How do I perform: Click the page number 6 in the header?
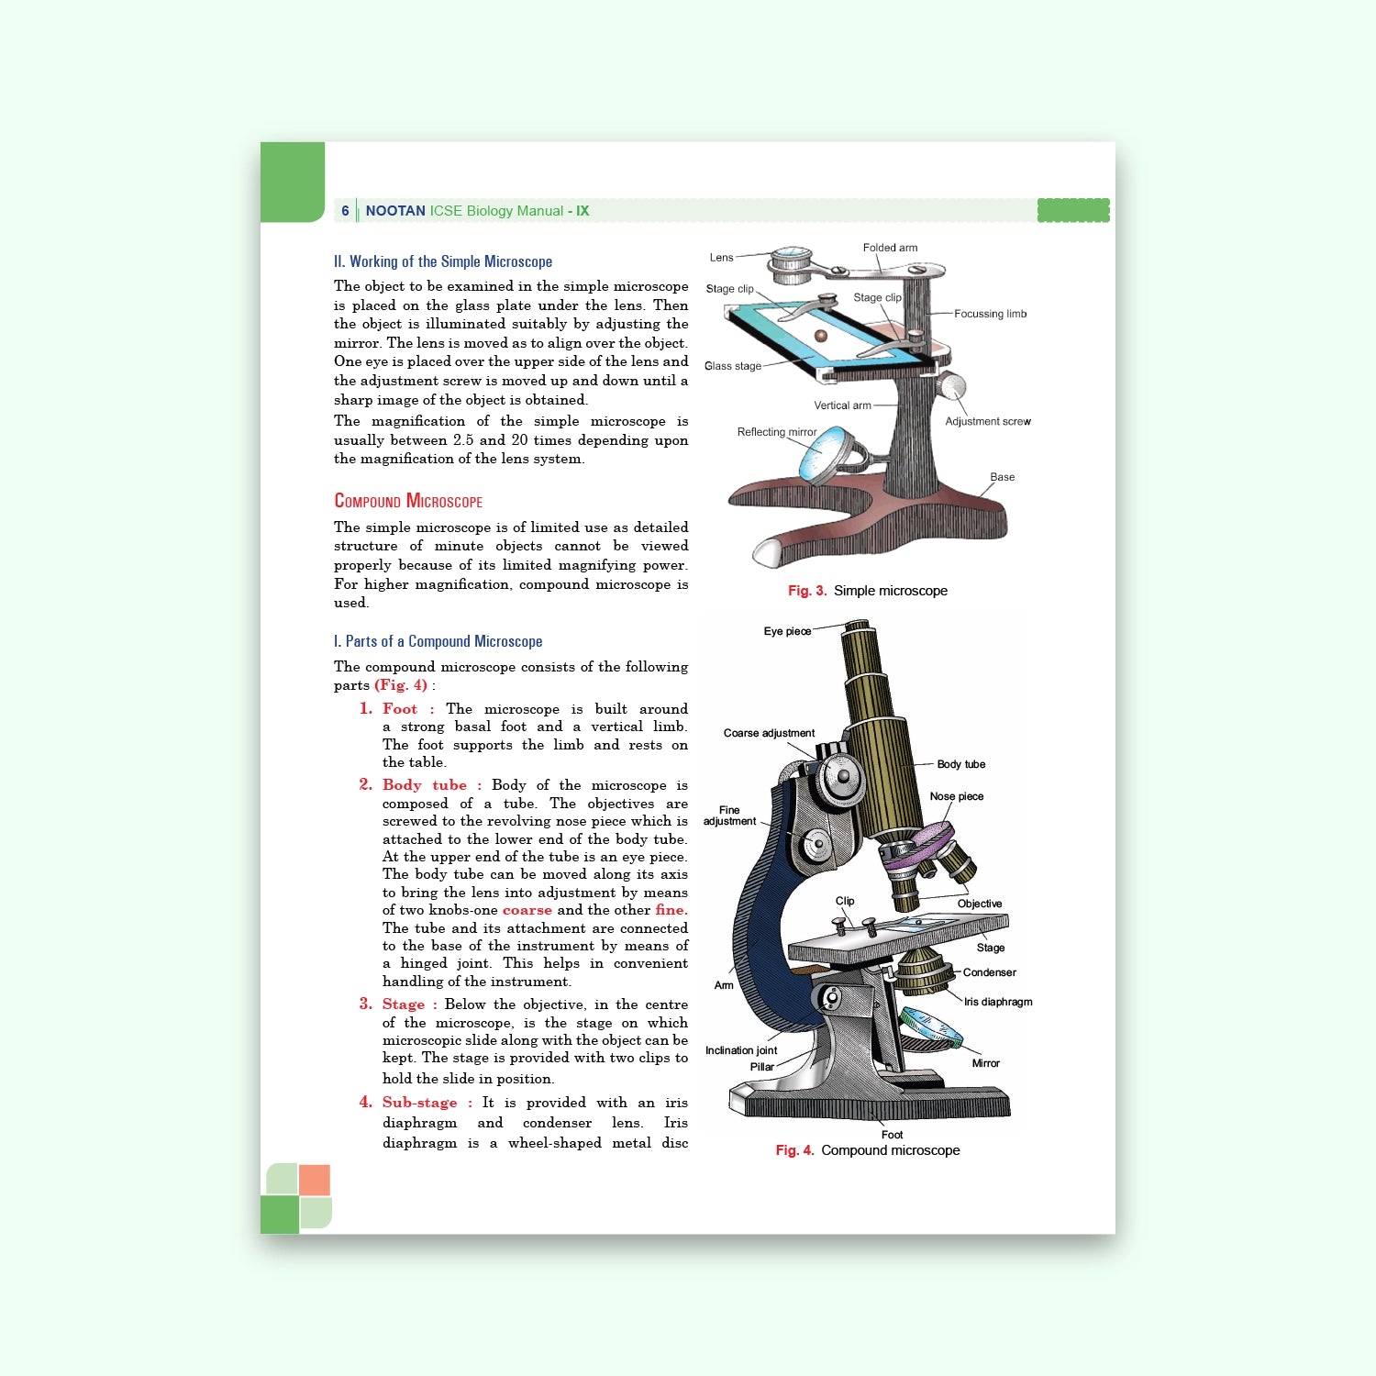345,211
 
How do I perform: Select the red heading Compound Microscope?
408,501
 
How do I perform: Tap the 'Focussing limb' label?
990,314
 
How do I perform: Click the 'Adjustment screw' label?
987,422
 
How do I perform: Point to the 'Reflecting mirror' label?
776,432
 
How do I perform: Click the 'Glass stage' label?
732,366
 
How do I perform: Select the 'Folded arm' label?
890,248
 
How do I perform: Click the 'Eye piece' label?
787,631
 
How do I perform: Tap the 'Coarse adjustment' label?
769,733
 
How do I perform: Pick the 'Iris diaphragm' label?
998,1002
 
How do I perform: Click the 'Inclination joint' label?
741,1050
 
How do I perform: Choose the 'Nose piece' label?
956,796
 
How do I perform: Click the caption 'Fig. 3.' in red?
806,591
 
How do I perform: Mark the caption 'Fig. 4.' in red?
794,1150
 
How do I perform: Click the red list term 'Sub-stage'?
419,1103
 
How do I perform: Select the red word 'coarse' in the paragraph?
527,910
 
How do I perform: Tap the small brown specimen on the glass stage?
821,336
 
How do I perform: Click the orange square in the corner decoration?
315,1180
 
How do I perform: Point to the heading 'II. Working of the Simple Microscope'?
443,261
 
